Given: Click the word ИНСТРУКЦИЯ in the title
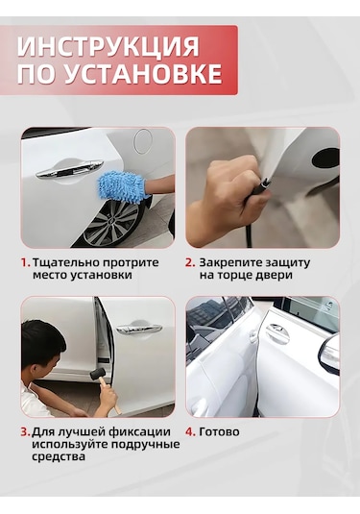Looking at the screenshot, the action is (x=108, y=46).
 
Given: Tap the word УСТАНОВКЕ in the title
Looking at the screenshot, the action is (x=142, y=74).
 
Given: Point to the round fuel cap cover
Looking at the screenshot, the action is (x=143, y=141).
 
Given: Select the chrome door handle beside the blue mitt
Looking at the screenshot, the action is (x=69, y=168).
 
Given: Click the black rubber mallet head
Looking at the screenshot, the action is (x=98, y=374).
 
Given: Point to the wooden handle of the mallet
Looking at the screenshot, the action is (x=110, y=396).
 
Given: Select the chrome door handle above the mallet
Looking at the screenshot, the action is (x=139, y=328).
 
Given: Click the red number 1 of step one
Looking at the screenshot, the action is (x=26, y=262).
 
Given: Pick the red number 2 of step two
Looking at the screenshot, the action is (x=190, y=262).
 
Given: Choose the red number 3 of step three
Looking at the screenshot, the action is (x=25, y=431).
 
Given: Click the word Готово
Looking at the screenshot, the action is (x=219, y=431).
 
